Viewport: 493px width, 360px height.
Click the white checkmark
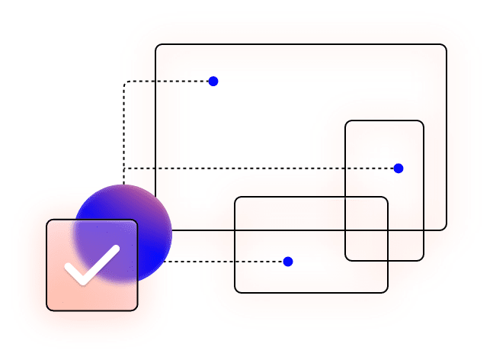pos(91,264)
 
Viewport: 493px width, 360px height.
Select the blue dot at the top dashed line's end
pos(213,81)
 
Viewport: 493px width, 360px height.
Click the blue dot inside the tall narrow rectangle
pos(398,169)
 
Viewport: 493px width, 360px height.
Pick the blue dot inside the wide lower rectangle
pos(288,262)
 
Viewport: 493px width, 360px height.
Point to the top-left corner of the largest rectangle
pos(157,46)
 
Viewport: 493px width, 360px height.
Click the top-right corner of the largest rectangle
pos(446,46)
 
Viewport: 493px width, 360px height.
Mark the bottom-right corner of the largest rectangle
pos(446,230)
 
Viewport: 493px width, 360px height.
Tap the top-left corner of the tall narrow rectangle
pos(347,122)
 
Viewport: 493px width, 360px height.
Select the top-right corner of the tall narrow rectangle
pos(423,122)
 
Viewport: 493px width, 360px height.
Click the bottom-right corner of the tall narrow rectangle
pos(423,260)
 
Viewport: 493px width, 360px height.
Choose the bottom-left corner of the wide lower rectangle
pos(235,291)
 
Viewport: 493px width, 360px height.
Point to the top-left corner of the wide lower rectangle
pos(235,198)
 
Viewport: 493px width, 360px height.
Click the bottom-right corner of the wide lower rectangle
pos(388,291)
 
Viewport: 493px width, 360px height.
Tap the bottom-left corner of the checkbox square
pos(48,310)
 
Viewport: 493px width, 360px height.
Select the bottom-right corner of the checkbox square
pos(136,310)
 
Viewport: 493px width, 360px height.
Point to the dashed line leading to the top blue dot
pos(168,81)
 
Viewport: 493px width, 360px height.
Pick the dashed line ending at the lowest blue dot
pos(229,262)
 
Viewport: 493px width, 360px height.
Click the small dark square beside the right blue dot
pos(386,162)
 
